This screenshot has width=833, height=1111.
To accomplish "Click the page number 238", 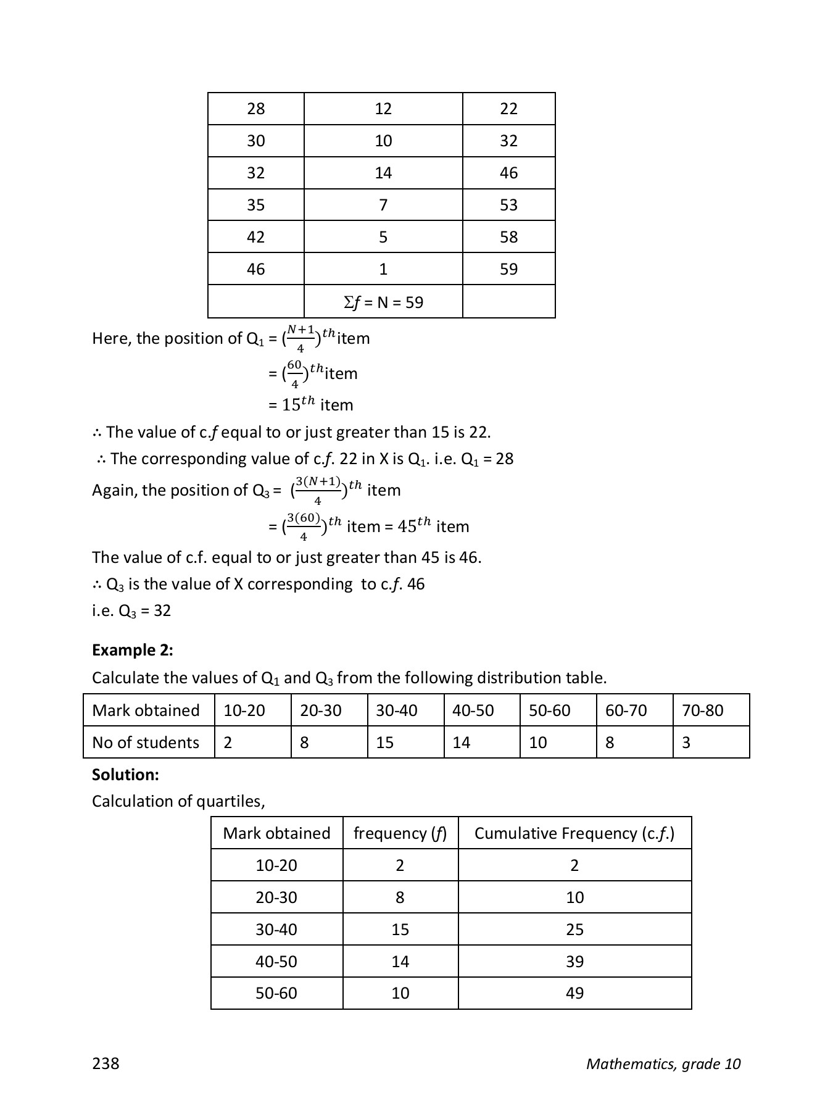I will tap(106, 1063).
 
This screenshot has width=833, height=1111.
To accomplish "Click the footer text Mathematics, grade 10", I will tap(663, 1063).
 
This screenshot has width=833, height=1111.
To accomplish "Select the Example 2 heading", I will tap(132, 650).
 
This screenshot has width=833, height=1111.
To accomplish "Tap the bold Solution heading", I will tap(125, 775).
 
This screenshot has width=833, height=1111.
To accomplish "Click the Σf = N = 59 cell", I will tap(383, 302).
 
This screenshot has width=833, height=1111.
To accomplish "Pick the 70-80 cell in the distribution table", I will tap(702, 710).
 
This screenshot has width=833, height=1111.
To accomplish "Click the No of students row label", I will tap(146, 743).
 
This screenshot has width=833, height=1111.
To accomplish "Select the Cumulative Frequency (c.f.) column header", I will tap(574, 833).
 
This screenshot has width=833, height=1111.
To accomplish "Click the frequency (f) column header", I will tap(400, 833).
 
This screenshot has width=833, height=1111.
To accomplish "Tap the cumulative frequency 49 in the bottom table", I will tap(574, 993).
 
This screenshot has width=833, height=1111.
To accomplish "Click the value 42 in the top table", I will tap(255, 237).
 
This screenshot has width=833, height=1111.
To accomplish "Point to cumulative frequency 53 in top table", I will tap(508, 205).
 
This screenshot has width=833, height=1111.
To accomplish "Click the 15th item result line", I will tap(312, 405).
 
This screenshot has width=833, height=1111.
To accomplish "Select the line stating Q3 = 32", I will tap(131, 610).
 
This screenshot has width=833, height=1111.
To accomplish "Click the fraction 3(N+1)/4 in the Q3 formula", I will tap(318, 490).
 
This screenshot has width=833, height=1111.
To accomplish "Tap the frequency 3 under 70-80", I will tap(686, 743).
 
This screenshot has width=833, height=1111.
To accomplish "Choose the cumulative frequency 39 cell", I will tap(574, 961).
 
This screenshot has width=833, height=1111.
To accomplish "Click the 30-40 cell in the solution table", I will tap(276, 929).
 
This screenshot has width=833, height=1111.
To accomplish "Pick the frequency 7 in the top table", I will tap(383, 205).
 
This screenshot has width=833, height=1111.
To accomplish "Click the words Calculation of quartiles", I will tap(178, 801).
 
